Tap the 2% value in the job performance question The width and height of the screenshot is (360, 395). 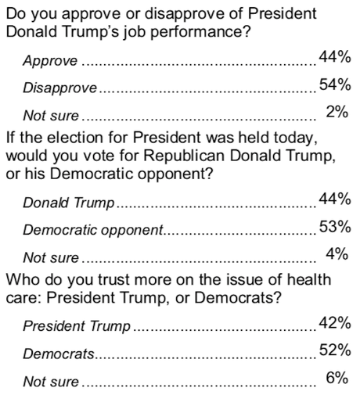tap(337, 113)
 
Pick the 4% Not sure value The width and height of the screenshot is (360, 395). tap(337, 255)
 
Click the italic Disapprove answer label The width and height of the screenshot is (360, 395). tap(59, 88)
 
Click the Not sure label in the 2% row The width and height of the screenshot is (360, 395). tap(51, 115)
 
